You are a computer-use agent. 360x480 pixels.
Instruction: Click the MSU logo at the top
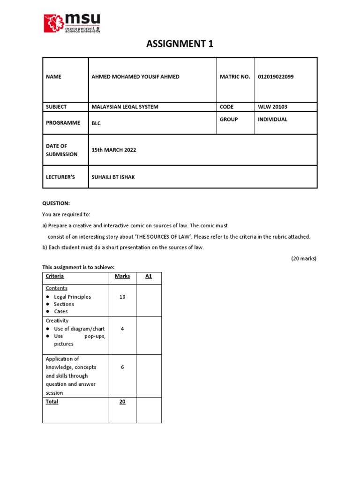[72, 23]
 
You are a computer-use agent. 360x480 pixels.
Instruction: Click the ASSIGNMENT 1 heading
[180, 45]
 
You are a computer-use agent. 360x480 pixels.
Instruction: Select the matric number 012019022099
[276, 77]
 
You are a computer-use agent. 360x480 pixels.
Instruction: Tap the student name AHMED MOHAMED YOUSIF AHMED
[135, 77]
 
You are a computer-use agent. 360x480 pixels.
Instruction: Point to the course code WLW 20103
[272, 107]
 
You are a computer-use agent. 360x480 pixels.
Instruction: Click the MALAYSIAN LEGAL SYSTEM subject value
[125, 107]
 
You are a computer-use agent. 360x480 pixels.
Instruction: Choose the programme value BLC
[96, 123]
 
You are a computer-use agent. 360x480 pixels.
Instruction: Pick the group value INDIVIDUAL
[272, 120]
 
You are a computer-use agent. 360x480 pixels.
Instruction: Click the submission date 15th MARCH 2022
[114, 150]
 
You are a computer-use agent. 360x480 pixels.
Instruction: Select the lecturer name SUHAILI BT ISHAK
[113, 177]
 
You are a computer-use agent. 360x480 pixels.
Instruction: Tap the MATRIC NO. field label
[235, 77]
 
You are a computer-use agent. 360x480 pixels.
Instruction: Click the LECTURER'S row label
[60, 177]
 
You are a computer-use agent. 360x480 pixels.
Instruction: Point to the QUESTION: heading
[56, 203]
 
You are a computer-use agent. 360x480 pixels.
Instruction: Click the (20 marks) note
[304, 258]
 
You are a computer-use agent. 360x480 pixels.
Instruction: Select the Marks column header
[122, 276]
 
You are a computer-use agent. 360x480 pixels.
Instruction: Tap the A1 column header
[149, 276]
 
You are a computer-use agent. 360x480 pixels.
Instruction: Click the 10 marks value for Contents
[122, 297]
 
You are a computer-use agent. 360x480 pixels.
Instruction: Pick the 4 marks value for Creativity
[122, 329]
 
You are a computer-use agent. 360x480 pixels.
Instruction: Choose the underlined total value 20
[122, 402]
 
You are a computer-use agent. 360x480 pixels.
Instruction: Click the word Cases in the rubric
[61, 311]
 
